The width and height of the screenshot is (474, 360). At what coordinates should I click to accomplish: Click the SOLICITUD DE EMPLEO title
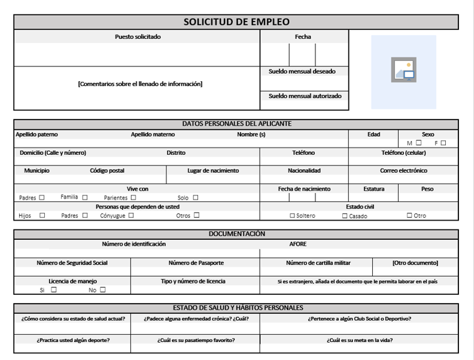[x=236, y=22]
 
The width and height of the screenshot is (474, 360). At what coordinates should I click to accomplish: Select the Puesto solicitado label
[x=138, y=37]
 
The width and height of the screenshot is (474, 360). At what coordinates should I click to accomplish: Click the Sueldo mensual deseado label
[x=302, y=72]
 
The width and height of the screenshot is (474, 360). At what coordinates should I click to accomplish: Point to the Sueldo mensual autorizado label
[x=305, y=95]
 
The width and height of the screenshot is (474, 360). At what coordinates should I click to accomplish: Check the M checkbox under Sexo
[x=419, y=143]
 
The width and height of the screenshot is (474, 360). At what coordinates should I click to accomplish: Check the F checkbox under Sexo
[x=444, y=143]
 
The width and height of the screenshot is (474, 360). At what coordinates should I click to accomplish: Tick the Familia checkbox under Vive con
[x=85, y=197]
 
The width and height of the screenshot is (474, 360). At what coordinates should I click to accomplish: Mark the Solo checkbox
[x=196, y=197]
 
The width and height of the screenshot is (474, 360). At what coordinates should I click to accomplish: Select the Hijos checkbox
[x=42, y=215]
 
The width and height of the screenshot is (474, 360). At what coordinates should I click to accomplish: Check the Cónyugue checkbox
[x=130, y=215]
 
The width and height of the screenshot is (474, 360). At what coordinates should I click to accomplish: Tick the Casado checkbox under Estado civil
[x=345, y=215]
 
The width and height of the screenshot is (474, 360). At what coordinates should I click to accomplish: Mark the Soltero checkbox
[x=293, y=215]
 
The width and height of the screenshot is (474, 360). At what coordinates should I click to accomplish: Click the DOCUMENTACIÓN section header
[x=236, y=234]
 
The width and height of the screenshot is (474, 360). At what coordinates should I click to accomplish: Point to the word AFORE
[x=298, y=244]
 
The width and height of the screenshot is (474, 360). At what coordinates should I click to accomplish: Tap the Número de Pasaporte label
[x=195, y=263]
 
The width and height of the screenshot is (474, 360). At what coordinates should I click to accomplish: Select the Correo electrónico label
[x=404, y=170]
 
